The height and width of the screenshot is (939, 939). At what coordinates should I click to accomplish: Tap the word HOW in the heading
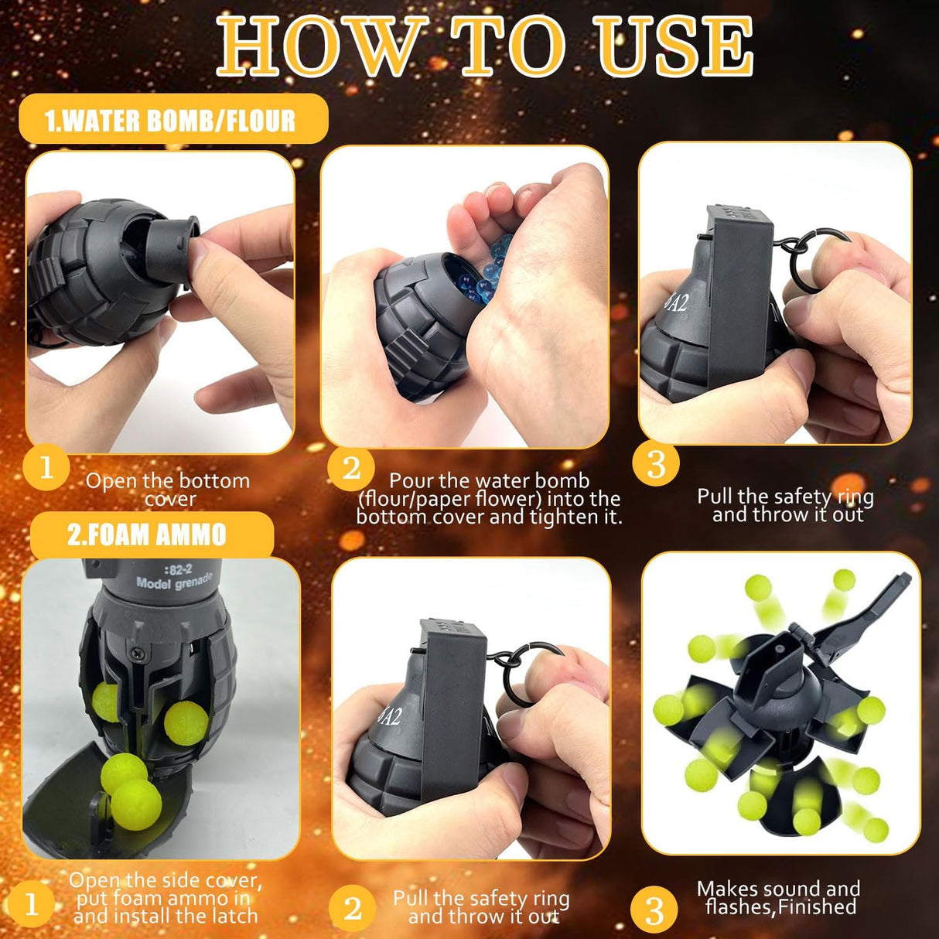pyautogui.click(x=323, y=48)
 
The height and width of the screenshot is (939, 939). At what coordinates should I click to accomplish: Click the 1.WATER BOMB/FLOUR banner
pyautogui.click(x=173, y=118)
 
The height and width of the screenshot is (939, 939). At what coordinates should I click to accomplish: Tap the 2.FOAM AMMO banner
pyautogui.click(x=151, y=534)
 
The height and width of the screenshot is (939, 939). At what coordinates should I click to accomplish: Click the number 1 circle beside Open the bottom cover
pyautogui.click(x=46, y=467)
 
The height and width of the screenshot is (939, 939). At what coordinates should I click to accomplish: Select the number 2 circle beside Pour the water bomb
pyautogui.click(x=351, y=469)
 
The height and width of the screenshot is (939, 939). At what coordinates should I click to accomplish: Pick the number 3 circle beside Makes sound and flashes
pyautogui.click(x=654, y=910)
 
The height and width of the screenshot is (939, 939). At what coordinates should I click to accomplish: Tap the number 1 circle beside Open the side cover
pyautogui.click(x=32, y=905)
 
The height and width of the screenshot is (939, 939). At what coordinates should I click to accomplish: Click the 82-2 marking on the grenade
pyautogui.click(x=179, y=569)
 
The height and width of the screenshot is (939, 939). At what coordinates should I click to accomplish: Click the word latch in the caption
pyautogui.click(x=234, y=916)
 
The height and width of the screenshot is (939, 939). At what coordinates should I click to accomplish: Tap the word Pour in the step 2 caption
pyautogui.click(x=410, y=481)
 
